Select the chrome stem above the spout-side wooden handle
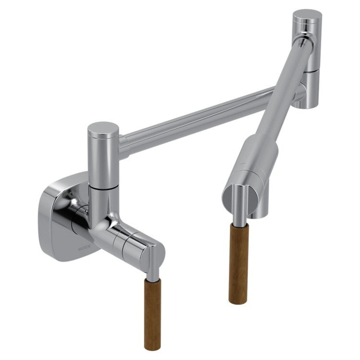pyautogui.click(x=239, y=216)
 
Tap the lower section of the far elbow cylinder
pyautogui.click(x=310, y=90)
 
